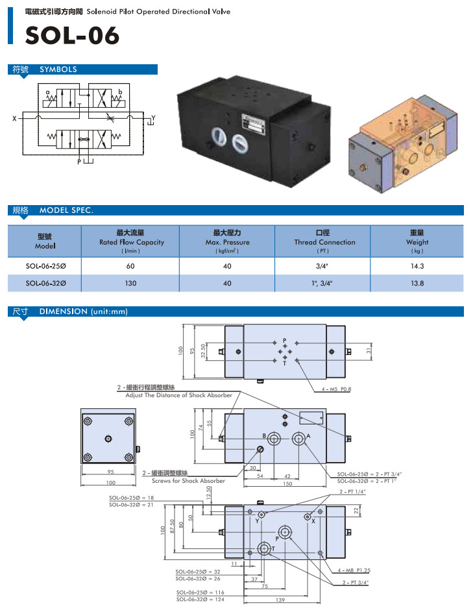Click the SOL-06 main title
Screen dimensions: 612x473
pyautogui.click(x=72, y=36)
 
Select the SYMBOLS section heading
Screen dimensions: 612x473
pyautogui.click(x=58, y=69)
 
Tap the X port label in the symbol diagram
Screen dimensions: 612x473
pyautogui.click(x=14, y=119)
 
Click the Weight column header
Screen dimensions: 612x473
pyautogui.click(x=417, y=241)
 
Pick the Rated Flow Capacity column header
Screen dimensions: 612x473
pyautogui.click(x=131, y=241)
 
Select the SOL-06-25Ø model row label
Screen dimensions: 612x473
pyautogui.click(x=45, y=265)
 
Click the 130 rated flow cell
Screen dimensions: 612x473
pyautogui.click(x=131, y=283)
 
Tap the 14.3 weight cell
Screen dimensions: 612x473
pyautogui.click(x=417, y=265)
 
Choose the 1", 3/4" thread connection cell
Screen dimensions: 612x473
pyautogui.click(x=322, y=283)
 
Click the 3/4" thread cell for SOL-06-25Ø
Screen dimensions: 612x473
pyautogui.click(x=322, y=265)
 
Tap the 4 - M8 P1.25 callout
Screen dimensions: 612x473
pyautogui.click(x=354, y=569)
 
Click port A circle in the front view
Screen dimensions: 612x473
pyautogui.click(x=298, y=437)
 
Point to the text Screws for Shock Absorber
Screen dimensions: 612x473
pyautogui.click(x=188, y=481)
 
